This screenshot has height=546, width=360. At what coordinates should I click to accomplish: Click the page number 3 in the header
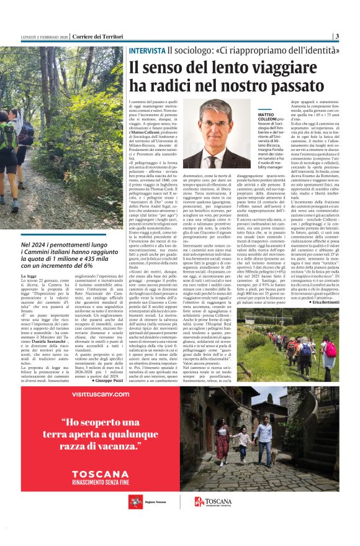336,36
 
